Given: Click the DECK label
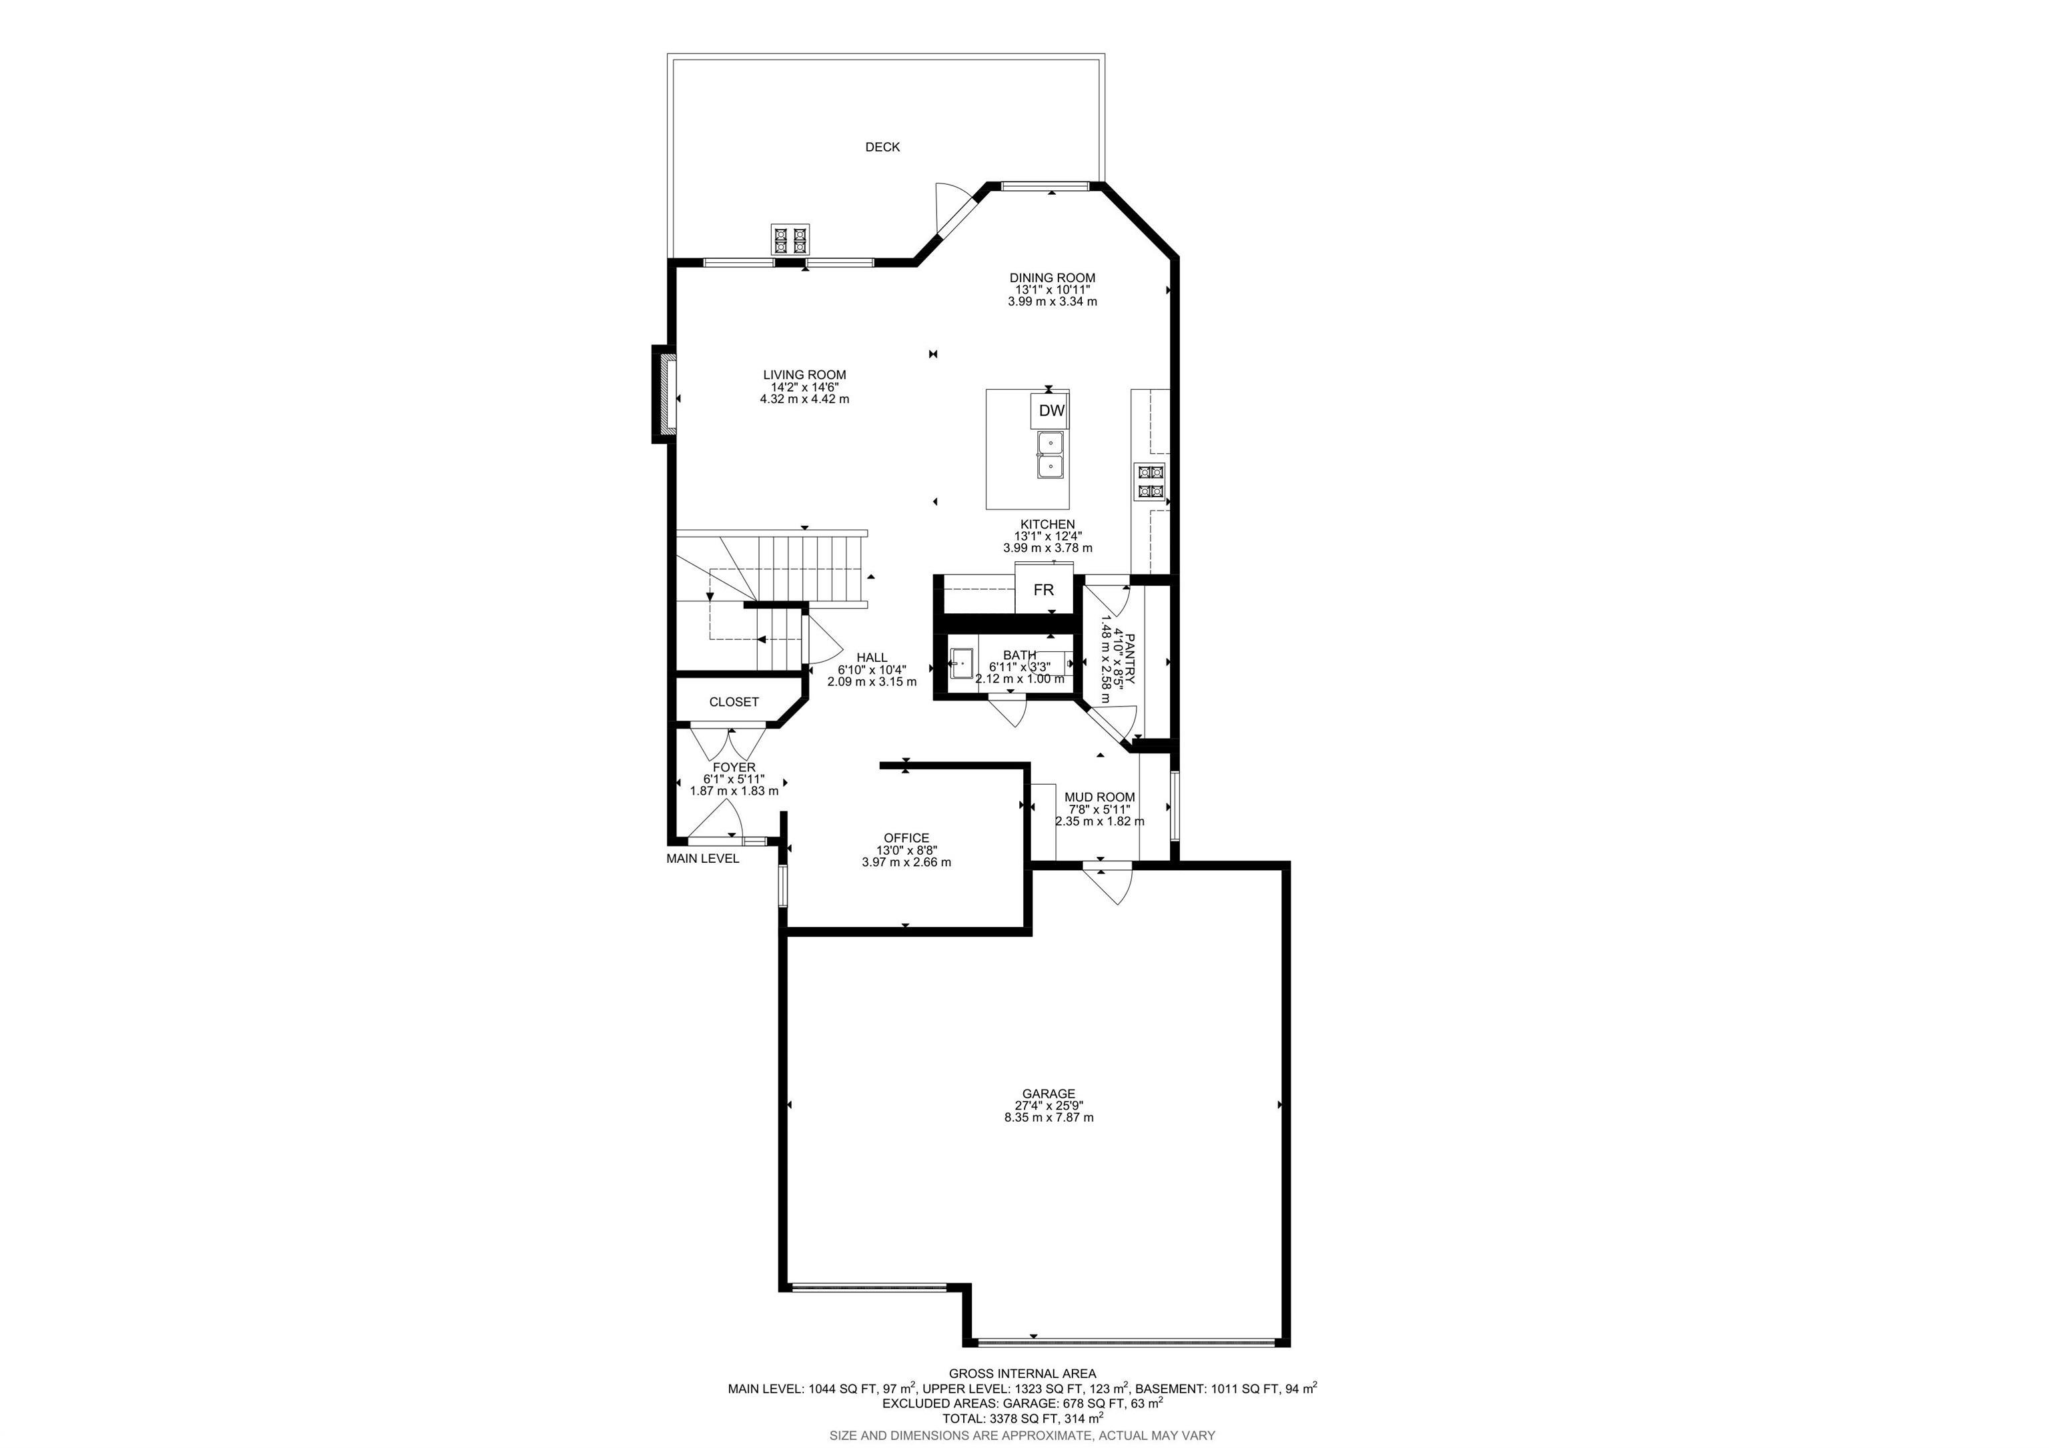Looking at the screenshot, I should [882, 147].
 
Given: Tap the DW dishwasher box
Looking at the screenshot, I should [1052, 410].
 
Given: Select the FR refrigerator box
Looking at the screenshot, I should [1043, 590].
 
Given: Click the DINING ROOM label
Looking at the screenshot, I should [1052, 278].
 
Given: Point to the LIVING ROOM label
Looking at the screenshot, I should [804, 375].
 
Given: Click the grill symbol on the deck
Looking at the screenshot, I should [790, 240].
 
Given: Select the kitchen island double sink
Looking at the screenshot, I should [1051, 454].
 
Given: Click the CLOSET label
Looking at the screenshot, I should [734, 703].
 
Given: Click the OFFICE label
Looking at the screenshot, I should [906, 838].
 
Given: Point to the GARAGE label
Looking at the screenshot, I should [1049, 1094].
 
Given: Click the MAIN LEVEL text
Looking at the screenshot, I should [702, 859].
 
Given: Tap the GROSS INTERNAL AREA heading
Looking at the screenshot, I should [1022, 1374].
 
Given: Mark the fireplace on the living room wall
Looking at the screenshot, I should [664, 394].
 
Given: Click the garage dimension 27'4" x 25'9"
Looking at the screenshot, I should [1049, 1105].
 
